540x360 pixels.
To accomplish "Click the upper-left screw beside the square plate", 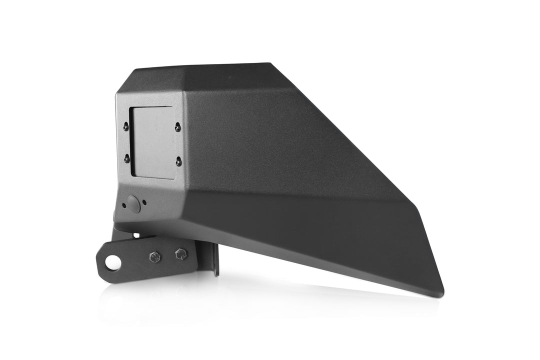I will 125,127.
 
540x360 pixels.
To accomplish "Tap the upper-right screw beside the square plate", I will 177,128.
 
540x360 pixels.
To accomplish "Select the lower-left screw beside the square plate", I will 126,158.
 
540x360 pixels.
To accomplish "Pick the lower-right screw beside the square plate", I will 178,161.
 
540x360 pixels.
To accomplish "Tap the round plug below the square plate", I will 133,203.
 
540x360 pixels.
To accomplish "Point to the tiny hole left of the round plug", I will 123,204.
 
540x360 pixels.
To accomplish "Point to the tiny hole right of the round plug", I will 144,202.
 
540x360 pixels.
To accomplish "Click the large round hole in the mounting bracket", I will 113,262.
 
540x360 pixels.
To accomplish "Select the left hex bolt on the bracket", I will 154,257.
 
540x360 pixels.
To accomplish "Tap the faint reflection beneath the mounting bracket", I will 150,300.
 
